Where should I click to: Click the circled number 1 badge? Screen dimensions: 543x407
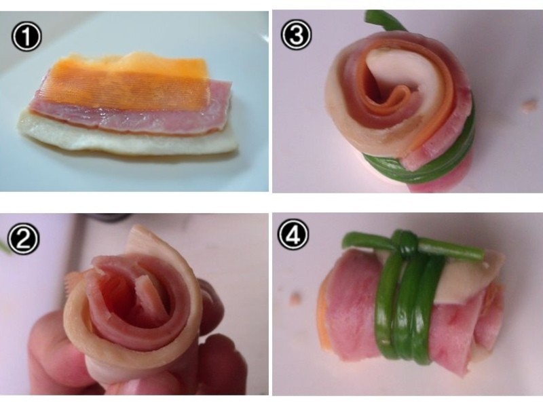click(26, 37)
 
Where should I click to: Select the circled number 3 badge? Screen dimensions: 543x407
click(295, 35)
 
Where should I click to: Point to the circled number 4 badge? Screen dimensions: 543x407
click(294, 235)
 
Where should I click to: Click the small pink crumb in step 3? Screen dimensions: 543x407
click(529, 106)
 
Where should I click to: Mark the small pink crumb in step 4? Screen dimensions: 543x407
click(295, 298)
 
